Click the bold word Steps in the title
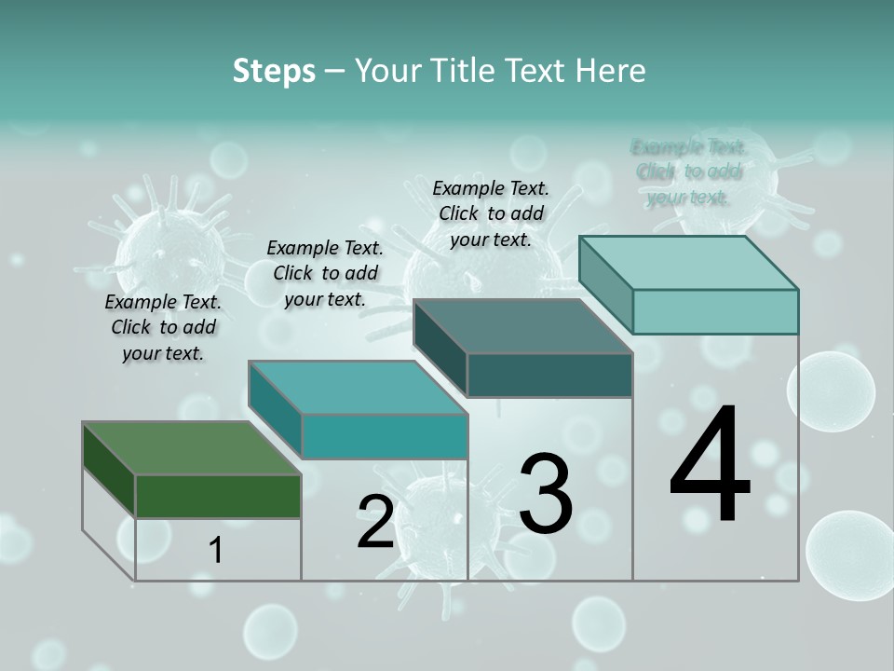(x=274, y=70)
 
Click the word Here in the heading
(x=611, y=70)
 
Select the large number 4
(x=710, y=465)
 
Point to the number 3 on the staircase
(x=546, y=494)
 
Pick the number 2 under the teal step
(x=375, y=522)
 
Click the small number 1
(x=216, y=551)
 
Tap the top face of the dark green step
(x=191, y=448)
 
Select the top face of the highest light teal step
(x=689, y=262)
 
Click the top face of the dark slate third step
(x=522, y=326)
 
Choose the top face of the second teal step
(x=358, y=388)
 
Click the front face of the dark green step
(x=218, y=496)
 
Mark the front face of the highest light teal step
(x=715, y=311)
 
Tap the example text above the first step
(x=163, y=327)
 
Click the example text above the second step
(x=325, y=273)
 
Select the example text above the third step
(x=491, y=213)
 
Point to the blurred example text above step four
(x=689, y=171)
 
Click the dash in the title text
(x=335, y=72)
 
